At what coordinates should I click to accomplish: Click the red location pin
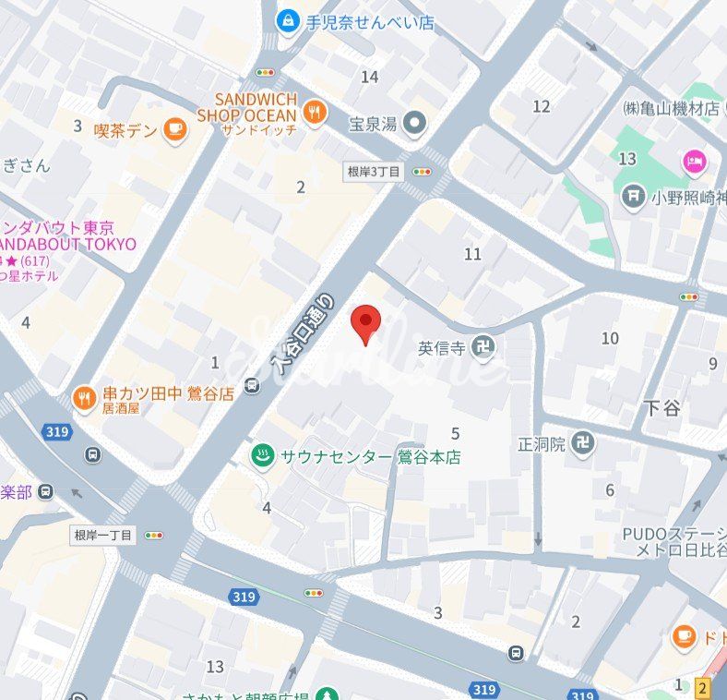[x=367, y=322]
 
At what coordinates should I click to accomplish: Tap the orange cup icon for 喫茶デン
[x=174, y=130]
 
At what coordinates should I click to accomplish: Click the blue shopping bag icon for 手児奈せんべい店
[x=289, y=18]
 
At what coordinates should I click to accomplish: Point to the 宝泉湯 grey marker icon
[x=415, y=121]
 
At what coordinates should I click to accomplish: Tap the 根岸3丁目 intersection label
[x=374, y=171]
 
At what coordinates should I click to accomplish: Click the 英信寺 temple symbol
[x=483, y=348]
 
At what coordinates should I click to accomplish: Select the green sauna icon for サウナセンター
[x=263, y=456]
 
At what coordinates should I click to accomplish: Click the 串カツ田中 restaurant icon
[x=85, y=398]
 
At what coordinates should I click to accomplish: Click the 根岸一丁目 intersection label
[x=104, y=535]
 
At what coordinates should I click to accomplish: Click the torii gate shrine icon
[x=633, y=196]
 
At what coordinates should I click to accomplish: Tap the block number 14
[x=370, y=77]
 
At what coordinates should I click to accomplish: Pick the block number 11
[x=473, y=254]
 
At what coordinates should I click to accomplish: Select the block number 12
[x=542, y=106]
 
